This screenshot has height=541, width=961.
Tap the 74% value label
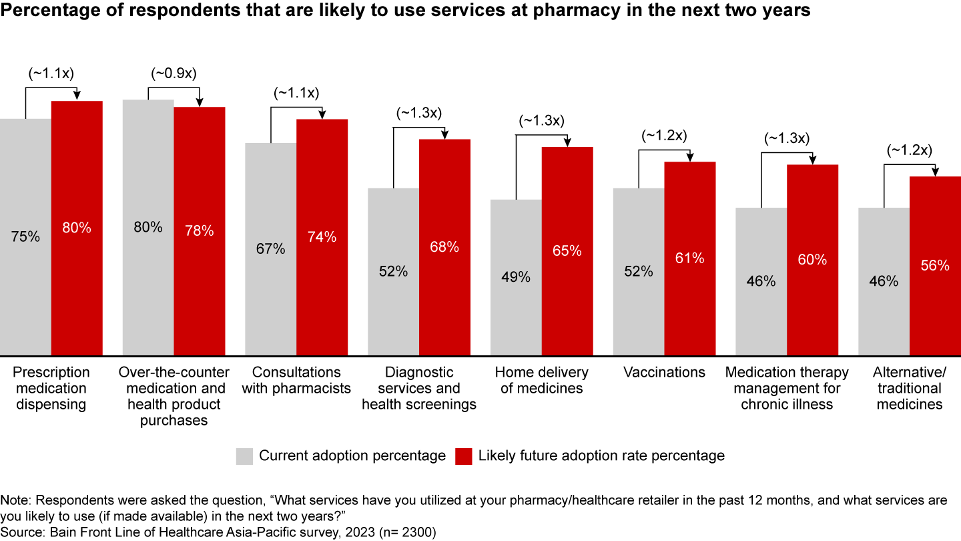(322, 236)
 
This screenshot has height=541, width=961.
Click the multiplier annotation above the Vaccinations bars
(664, 136)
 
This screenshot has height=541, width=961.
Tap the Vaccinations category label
(664, 373)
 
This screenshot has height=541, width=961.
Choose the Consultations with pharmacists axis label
(296, 380)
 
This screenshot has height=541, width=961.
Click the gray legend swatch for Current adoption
(244, 456)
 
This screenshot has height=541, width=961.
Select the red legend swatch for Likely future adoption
(464, 456)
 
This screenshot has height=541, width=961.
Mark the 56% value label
(935, 265)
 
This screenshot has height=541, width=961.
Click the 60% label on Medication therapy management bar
(812, 259)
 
